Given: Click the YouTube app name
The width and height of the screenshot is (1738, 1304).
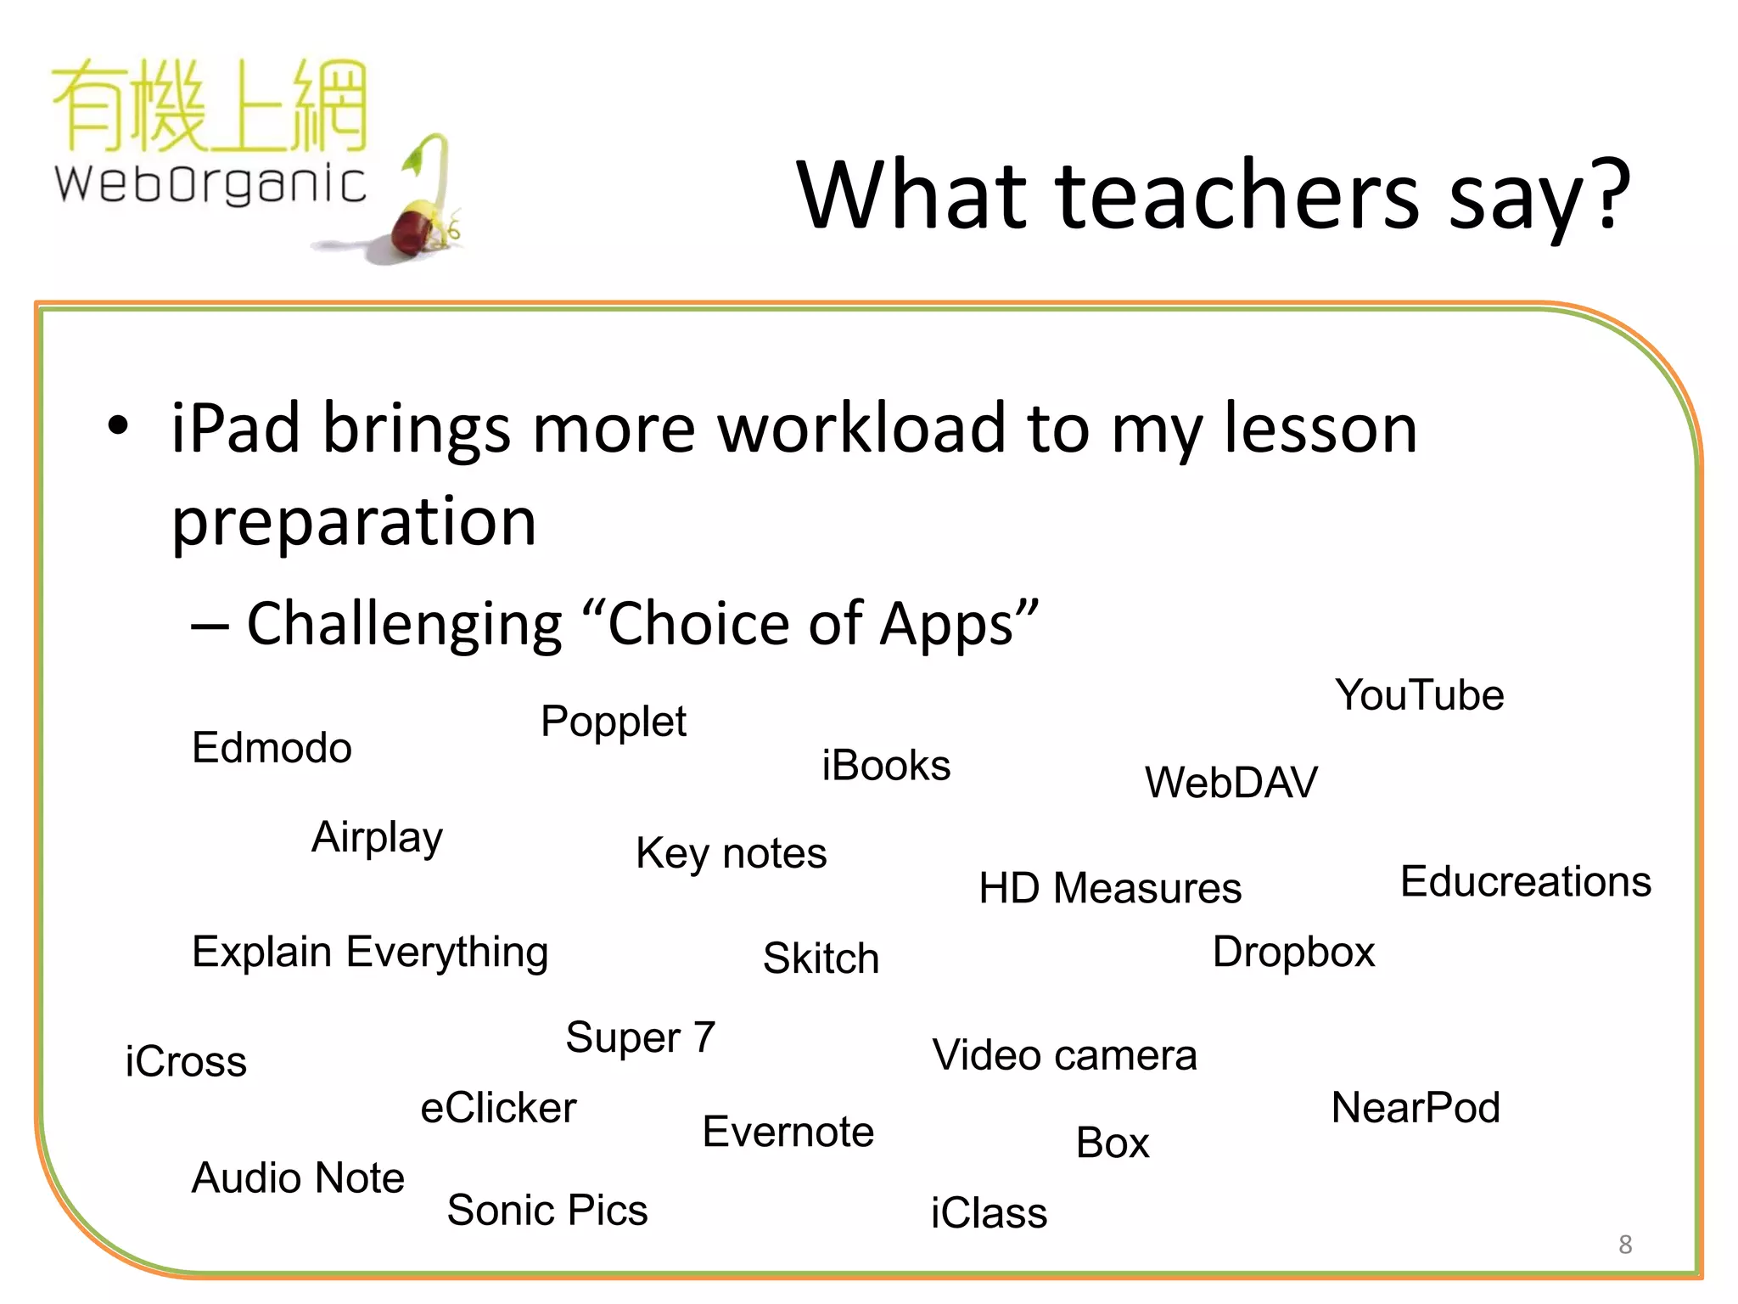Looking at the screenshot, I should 1419,695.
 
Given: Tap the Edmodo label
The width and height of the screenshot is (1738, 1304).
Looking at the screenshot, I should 272,748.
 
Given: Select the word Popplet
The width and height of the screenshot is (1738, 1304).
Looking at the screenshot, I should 613,722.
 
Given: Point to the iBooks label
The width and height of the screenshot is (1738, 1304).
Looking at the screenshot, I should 885,765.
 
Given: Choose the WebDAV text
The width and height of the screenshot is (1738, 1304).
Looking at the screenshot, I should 1231,782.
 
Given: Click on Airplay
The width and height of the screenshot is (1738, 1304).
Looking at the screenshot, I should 377,838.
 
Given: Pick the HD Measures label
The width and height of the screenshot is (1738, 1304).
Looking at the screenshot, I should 1109,888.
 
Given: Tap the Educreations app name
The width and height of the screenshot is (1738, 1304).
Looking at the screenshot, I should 1525,881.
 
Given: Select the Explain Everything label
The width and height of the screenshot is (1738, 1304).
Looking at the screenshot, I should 370,953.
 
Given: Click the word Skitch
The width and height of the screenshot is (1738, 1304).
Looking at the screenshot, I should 821,958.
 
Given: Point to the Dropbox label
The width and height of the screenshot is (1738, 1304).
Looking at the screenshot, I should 1292,952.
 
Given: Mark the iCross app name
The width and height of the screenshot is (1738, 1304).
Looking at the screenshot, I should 186,1062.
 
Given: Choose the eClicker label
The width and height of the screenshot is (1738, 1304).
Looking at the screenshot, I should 498,1108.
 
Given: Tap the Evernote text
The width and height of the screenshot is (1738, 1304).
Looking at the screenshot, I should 788,1132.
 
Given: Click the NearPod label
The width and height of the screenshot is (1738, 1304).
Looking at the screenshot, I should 1416,1108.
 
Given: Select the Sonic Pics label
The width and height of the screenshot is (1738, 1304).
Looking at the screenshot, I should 547,1210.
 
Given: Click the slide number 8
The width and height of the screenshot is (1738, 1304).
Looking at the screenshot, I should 1624,1245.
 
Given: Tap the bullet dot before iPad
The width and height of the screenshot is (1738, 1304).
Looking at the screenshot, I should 119,426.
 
